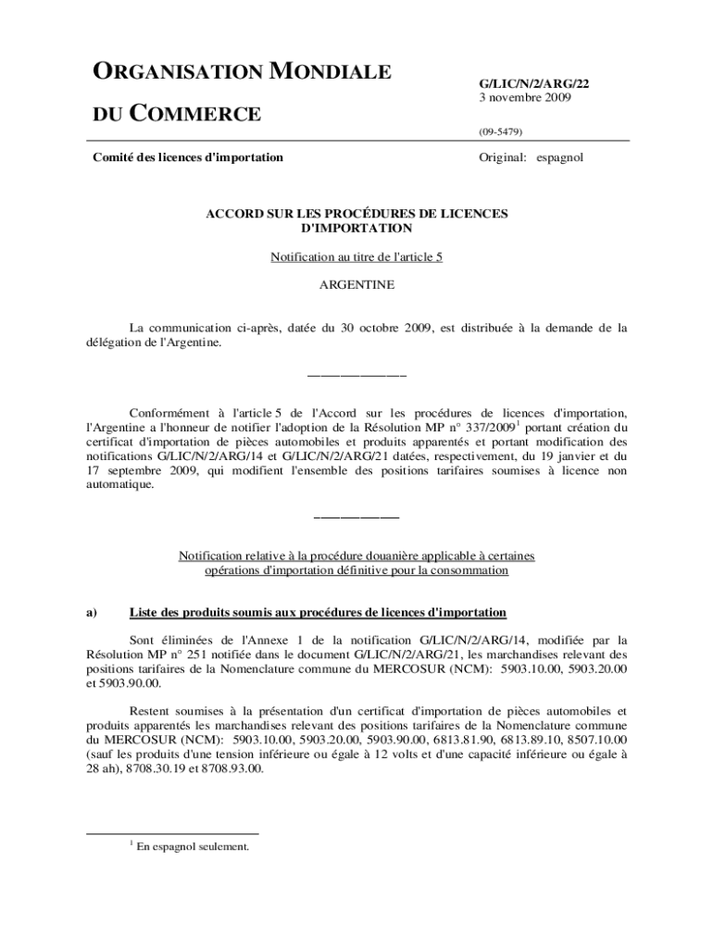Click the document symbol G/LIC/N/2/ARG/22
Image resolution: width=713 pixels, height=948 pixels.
(533, 83)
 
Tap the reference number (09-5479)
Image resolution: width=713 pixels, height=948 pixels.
(500, 132)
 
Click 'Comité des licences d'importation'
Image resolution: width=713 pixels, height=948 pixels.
(188, 157)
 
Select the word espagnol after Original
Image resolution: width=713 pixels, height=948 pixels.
(559, 157)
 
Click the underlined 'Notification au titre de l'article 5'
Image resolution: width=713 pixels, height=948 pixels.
(356, 257)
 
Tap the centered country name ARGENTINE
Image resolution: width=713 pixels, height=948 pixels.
(356, 285)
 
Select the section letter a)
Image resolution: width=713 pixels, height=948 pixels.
(92, 613)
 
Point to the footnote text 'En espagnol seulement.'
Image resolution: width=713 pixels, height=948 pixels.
(193, 845)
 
